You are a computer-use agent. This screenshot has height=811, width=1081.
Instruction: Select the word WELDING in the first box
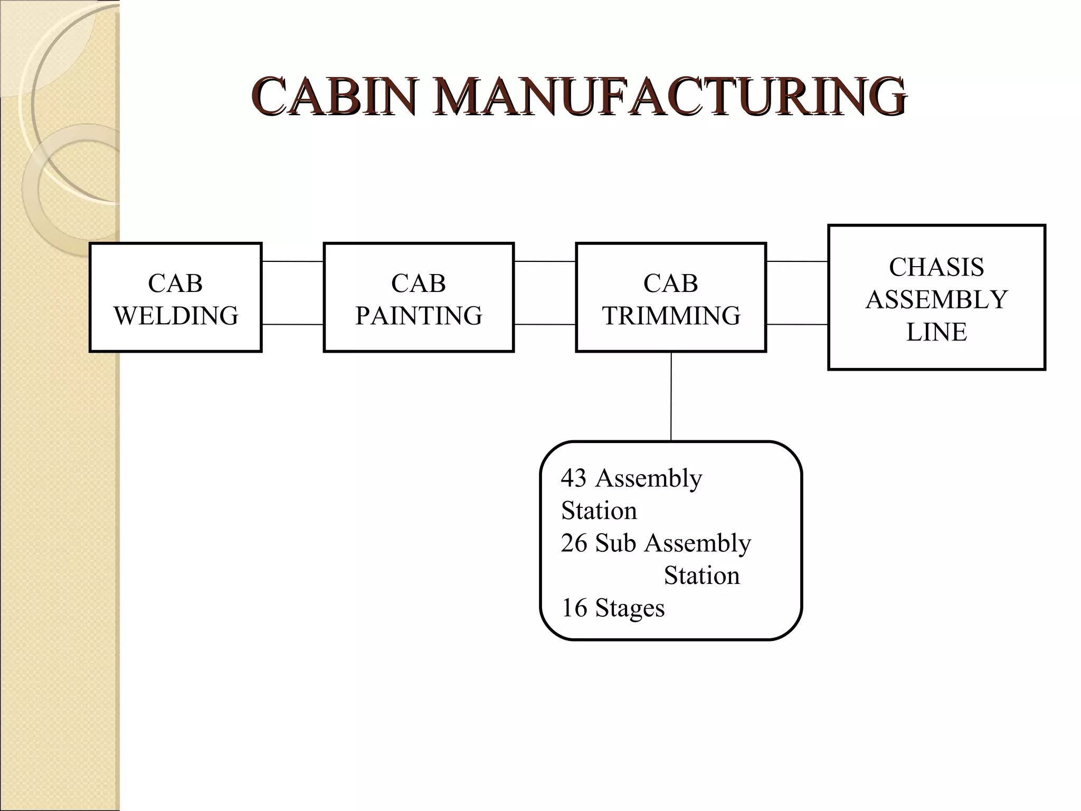click(x=176, y=316)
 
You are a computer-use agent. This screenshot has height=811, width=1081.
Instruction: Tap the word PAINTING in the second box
click(x=419, y=316)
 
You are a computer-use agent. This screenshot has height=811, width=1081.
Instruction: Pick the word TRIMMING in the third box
click(x=671, y=316)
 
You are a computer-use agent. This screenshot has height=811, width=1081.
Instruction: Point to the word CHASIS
click(x=936, y=267)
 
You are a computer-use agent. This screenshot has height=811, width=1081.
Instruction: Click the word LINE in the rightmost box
click(x=936, y=332)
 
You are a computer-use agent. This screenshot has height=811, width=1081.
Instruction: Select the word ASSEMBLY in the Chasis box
click(x=936, y=300)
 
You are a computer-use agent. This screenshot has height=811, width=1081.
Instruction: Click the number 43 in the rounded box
click(x=574, y=478)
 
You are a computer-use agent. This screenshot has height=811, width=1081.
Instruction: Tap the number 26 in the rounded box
click(x=574, y=543)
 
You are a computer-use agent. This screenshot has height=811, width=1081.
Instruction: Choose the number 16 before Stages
click(x=574, y=608)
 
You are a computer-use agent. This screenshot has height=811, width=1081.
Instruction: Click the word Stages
click(x=630, y=608)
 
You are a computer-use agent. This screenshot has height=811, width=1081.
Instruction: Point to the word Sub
click(x=615, y=543)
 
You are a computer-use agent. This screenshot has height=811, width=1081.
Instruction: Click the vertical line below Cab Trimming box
click(x=671, y=396)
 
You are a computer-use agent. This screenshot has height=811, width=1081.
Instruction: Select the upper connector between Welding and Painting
click(x=292, y=261)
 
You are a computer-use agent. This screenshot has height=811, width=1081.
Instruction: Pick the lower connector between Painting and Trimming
click(x=545, y=324)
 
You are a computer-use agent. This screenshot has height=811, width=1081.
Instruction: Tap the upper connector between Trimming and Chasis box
click(x=797, y=261)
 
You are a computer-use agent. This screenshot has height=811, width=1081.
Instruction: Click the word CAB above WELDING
click(x=176, y=284)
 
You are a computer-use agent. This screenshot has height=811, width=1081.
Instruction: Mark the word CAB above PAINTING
click(x=419, y=284)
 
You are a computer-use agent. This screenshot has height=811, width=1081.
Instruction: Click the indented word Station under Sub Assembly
click(x=701, y=576)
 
